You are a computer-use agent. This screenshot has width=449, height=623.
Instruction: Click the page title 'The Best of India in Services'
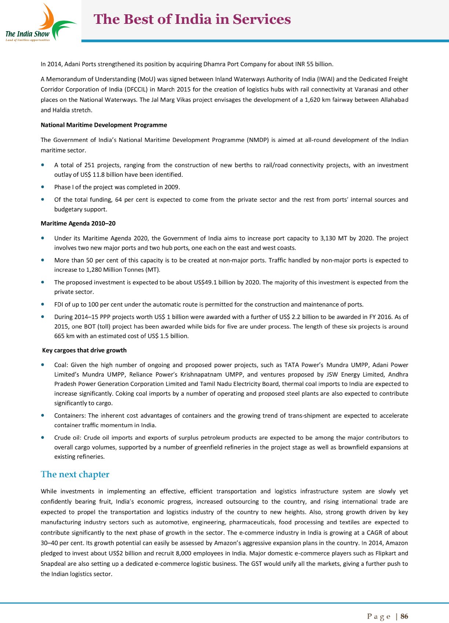coord(192,19)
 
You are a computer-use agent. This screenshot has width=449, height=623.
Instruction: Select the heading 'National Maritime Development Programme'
coord(104,125)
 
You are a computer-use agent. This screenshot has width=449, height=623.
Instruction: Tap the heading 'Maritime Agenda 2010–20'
coord(78,223)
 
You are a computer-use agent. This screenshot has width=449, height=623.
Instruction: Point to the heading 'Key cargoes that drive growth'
coord(84,350)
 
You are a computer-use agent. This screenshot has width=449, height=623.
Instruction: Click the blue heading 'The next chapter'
coord(75,474)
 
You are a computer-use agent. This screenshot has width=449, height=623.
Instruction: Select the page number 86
coord(404,616)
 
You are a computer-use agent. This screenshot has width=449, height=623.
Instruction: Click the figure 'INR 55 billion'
coord(314,64)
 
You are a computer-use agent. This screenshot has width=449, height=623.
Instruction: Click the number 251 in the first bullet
coord(89,165)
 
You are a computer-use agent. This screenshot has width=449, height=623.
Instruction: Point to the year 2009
coord(171,187)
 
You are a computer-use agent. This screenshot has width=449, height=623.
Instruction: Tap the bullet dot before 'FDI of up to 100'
coord(44,304)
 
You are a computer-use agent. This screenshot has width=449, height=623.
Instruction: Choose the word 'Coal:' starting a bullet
coord(61,365)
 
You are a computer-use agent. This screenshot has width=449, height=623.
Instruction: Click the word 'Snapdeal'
coord(53,564)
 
